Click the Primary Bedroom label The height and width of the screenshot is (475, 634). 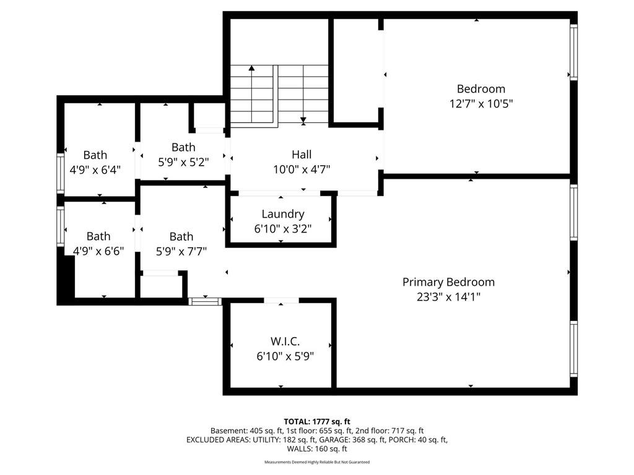point(448,282)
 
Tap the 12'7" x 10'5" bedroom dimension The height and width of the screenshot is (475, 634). point(481,104)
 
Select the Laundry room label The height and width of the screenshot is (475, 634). point(282,214)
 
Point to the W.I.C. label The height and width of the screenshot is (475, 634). point(285,341)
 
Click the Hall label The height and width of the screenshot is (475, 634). point(302,154)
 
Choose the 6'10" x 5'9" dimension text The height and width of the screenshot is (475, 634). point(285,356)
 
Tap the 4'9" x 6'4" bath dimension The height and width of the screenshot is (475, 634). point(95,169)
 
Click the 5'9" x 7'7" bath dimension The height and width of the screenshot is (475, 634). point(181,251)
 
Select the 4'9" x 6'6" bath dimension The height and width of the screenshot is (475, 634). point(98,251)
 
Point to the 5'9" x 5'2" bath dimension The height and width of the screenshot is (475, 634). point(183,162)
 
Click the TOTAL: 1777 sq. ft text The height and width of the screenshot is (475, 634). point(317,422)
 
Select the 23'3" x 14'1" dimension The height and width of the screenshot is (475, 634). point(448,297)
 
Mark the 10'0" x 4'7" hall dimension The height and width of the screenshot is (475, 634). point(302,169)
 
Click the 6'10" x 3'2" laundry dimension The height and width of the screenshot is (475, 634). point(282,229)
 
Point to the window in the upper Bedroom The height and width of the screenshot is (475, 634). point(573,52)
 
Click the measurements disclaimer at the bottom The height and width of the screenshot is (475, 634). point(317,462)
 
